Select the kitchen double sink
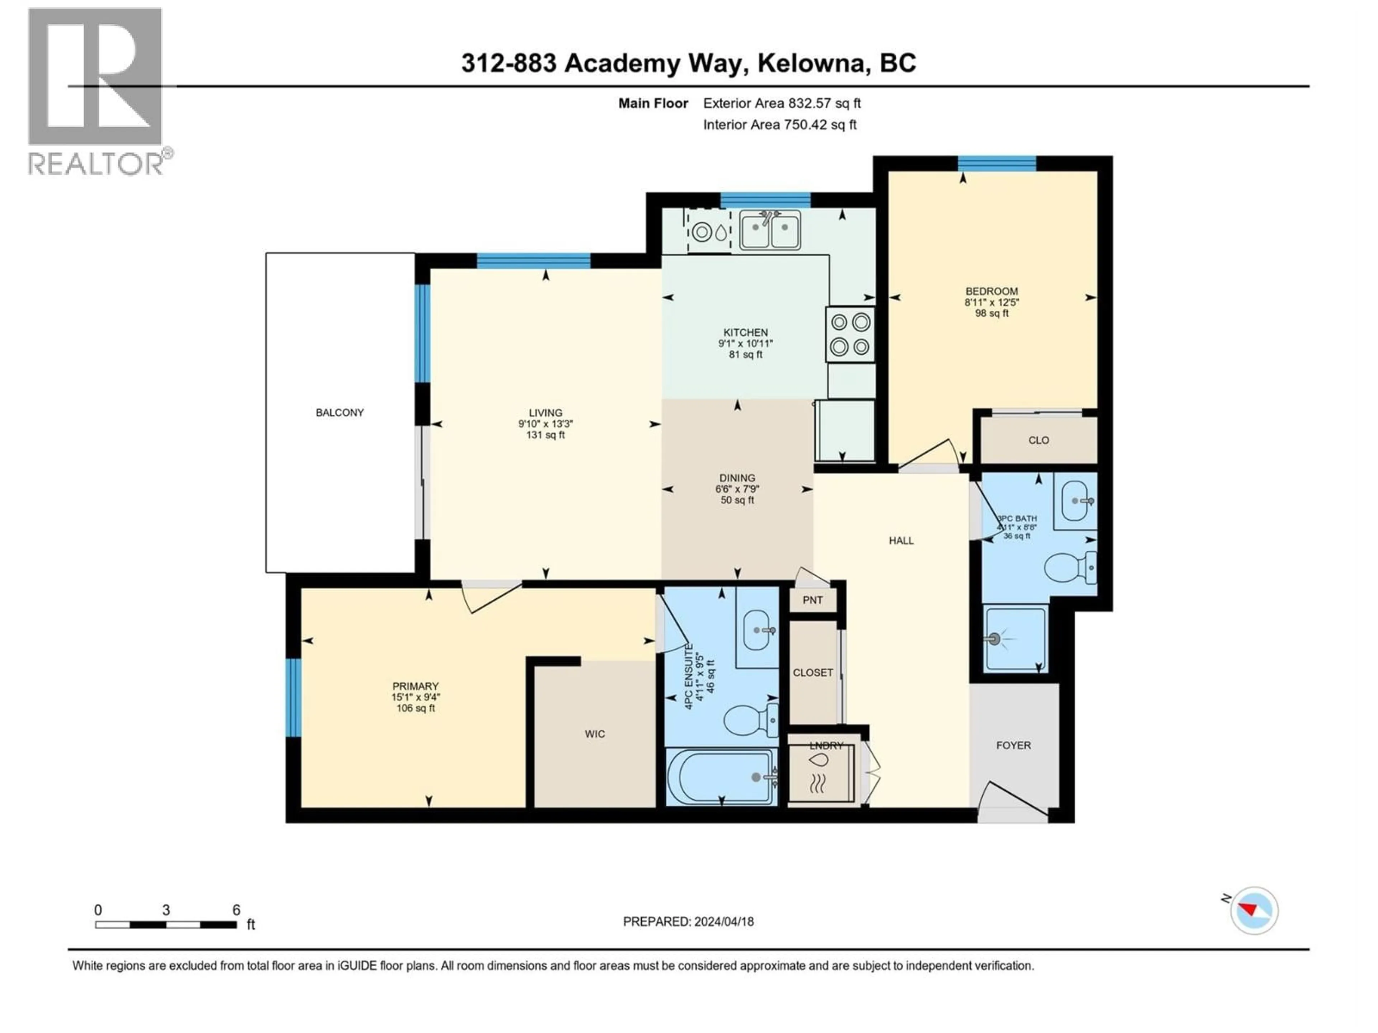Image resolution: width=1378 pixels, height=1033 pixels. coord(770,230)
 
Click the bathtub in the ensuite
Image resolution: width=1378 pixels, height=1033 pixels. coord(721,777)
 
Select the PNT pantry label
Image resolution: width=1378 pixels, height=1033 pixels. coord(812,600)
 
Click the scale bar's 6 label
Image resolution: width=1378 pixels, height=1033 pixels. coord(236,910)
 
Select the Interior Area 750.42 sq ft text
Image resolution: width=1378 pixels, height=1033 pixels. coord(779,124)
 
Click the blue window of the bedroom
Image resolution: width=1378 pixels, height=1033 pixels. coord(997,163)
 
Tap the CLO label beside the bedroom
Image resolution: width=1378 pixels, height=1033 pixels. coord(1039,440)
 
